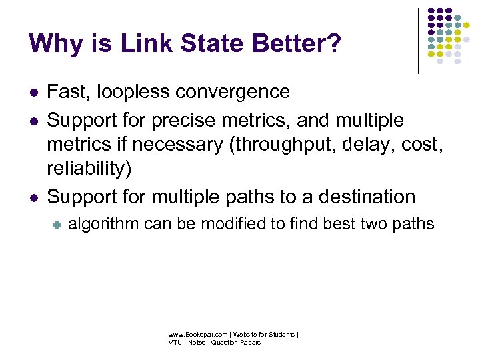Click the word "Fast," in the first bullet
tap(67, 91)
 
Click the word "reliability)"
tap(89, 169)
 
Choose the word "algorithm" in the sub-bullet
tap(105, 224)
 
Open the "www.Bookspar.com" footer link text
tap(193, 334)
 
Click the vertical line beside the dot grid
tap(418, 40)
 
